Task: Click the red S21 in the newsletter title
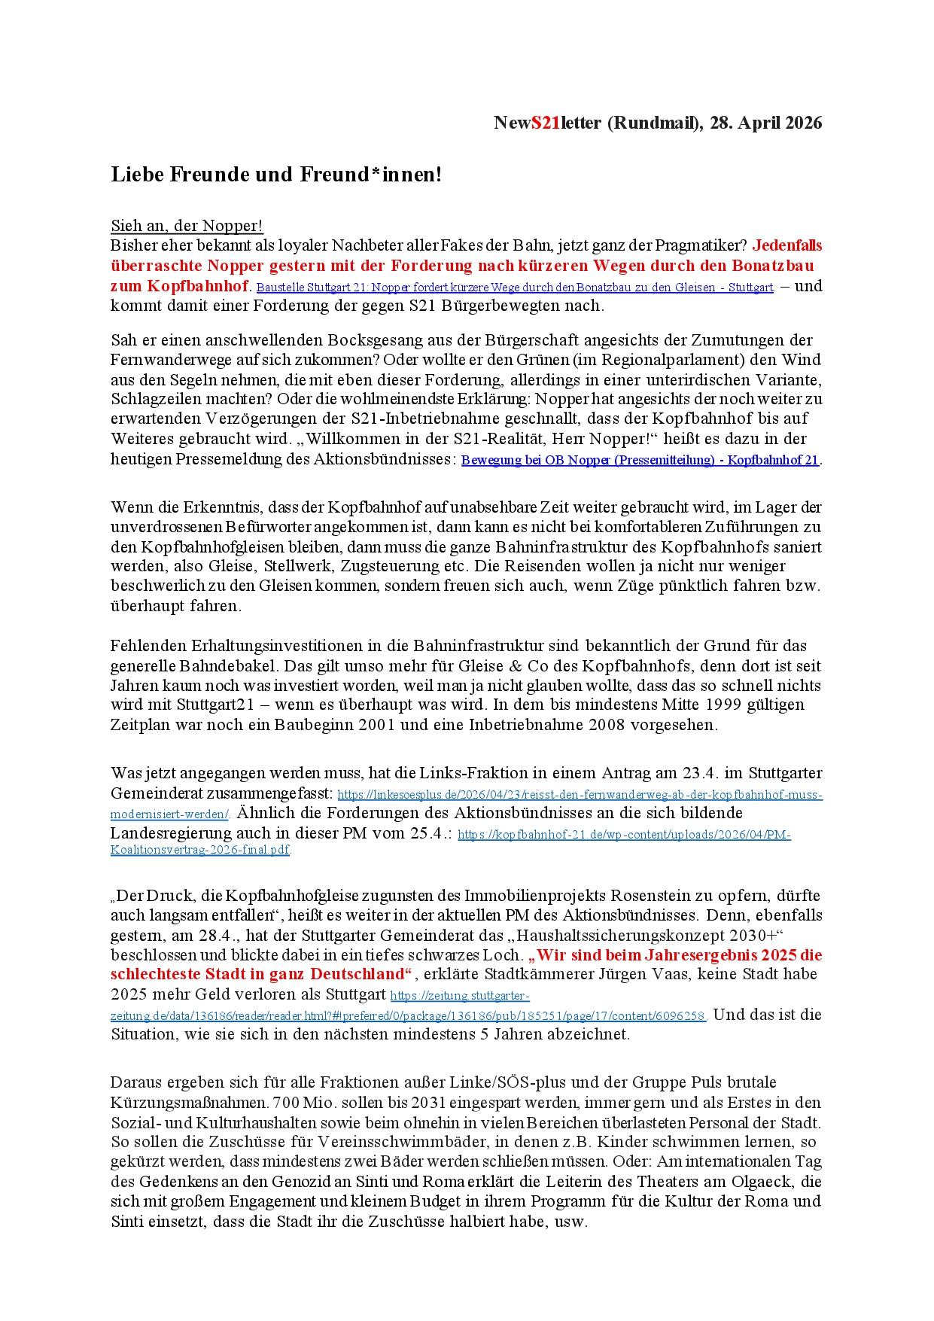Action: (x=546, y=123)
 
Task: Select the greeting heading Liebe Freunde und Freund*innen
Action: (x=276, y=175)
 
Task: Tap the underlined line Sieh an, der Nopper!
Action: (x=187, y=226)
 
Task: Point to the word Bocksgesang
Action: (x=374, y=340)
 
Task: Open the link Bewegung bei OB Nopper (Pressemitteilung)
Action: (x=640, y=460)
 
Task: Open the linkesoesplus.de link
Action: (x=580, y=795)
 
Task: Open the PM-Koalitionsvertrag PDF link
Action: (x=624, y=835)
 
